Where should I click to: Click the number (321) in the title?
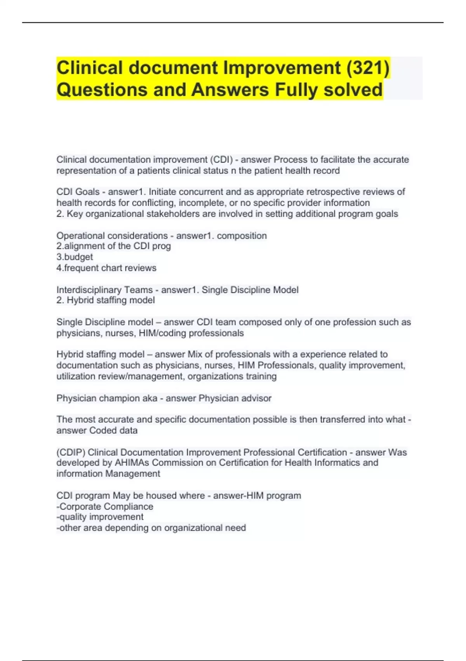pos(367,68)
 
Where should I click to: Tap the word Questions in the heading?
pos(102,90)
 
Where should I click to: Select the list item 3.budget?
pos(75,257)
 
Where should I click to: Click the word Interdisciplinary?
pos(89,290)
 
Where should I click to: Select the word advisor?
pos(256,398)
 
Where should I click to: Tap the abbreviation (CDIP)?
pos(71,452)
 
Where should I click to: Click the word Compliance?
pos(129,507)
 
